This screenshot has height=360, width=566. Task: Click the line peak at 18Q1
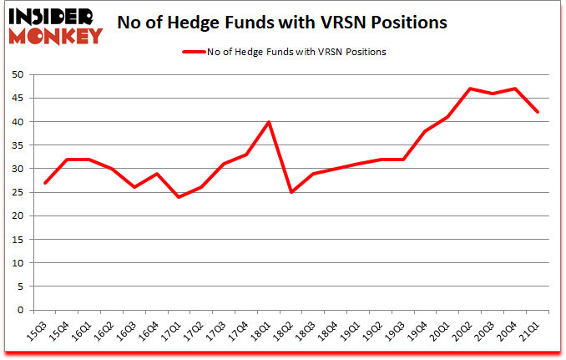pos(268,122)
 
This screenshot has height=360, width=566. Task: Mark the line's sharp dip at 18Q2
pos(291,192)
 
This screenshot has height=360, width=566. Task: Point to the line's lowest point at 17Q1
pos(178,197)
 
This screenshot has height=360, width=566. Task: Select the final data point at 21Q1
pos(537,112)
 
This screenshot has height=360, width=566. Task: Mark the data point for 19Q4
pos(425,131)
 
